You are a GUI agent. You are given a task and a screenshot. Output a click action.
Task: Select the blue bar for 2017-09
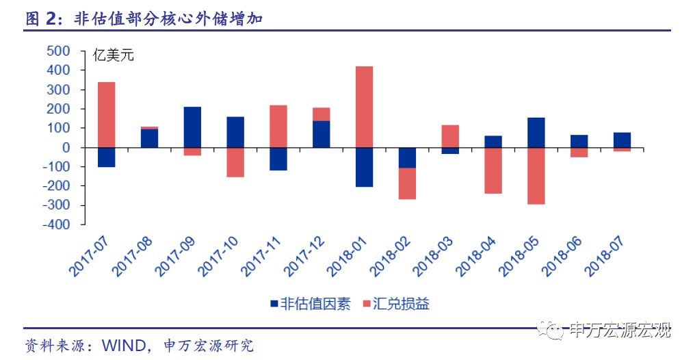click(192, 127)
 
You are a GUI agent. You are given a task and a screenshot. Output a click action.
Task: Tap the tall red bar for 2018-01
click(364, 106)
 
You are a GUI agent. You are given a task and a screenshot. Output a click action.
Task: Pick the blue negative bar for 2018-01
click(364, 167)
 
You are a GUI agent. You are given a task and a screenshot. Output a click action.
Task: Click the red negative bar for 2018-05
click(536, 175)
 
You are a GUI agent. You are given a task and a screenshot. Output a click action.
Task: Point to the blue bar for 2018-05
click(536, 132)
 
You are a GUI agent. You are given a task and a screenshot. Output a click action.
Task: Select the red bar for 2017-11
click(278, 126)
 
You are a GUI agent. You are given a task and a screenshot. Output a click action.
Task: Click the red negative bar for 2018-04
click(493, 170)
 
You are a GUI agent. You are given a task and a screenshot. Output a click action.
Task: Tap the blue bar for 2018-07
click(622, 140)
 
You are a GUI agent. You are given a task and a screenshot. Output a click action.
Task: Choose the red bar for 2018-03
click(450, 136)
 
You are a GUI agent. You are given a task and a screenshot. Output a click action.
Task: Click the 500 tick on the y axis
click(58, 51)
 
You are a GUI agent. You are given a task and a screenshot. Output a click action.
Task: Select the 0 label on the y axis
click(66, 148)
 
